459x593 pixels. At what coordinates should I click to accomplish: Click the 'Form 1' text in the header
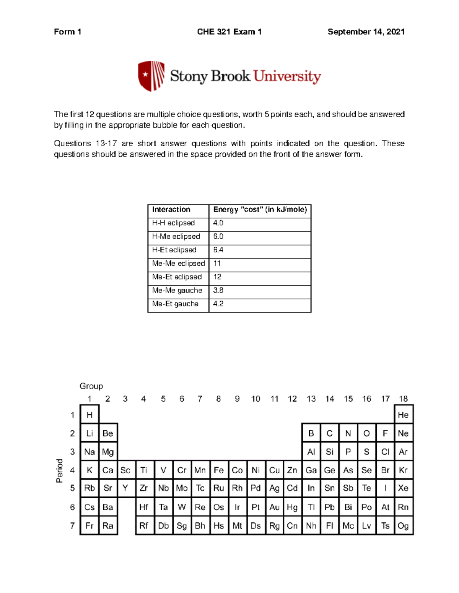tap(67, 32)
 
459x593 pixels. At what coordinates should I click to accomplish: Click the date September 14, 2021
tap(366, 32)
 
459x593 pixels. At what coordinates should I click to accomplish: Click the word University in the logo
tap(287, 76)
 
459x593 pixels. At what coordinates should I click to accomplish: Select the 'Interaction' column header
tap(171, 209)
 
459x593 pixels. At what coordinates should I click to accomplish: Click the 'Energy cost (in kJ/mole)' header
tap(260, 209)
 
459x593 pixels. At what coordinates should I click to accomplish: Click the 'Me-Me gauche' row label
tap(177, 290)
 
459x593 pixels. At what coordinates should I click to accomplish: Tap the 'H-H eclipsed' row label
tap(173, 223)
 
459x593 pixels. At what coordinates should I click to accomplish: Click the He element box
tap(403, 415)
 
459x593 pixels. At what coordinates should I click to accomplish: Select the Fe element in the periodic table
tap(218, 470)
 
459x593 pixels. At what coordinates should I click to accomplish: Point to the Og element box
tap(403, 526)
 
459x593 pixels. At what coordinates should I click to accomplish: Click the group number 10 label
tap(256, 399)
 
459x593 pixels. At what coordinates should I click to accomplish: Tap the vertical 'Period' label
tap(59, 471)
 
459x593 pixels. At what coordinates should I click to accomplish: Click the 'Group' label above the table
tap(91, 386)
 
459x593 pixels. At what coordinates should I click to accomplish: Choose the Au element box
tap(274, 507)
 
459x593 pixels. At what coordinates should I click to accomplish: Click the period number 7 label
tap(72, 526)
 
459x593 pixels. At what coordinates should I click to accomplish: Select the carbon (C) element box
tap(329, 433)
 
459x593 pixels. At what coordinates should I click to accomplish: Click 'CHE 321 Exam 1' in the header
tap(229, 32)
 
